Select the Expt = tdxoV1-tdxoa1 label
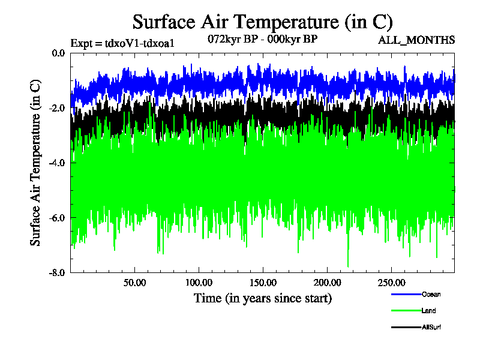pos(122,43)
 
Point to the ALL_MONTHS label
pos(416,40)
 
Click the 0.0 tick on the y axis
pos(58,53)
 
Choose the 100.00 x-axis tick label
pos(199,283)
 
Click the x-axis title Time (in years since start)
pos(262,298)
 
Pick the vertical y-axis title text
pos(36,162)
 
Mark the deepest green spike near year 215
pos(348,266)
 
